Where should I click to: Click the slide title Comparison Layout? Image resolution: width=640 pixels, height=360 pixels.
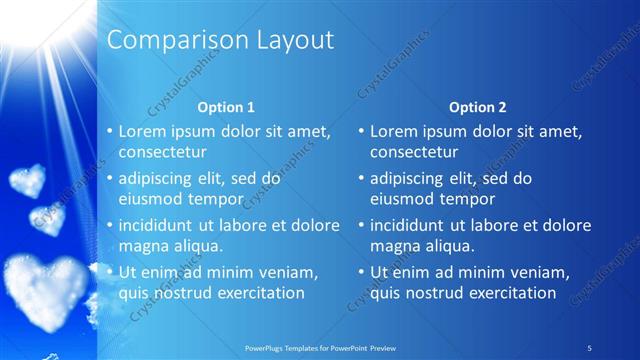click(220, 41)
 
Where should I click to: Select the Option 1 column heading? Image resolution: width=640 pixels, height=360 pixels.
click(226, 107)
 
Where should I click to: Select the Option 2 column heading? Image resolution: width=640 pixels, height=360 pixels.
click(478, 107)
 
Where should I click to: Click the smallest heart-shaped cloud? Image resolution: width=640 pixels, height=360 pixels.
click(49, 218)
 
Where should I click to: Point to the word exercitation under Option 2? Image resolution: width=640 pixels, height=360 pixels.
click(506, 293)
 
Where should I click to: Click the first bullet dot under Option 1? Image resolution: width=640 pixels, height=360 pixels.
click(110, 132)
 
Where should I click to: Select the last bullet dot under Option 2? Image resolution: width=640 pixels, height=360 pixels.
click(361, 273)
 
